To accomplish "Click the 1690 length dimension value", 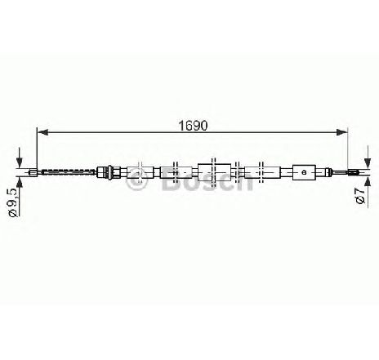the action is coord(193,126).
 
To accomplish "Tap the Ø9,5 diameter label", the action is coord(13,202).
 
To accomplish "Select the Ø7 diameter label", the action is coord(360,195).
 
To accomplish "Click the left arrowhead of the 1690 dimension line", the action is coord(42,132).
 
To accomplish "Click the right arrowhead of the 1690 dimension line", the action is coord(342,132).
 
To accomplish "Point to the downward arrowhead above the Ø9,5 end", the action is coord(20,163).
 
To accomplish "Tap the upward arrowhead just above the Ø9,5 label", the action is coord(20,182).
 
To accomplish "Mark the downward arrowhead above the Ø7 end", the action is coord(368,163).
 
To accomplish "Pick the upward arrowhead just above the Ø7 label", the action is coord(368,182).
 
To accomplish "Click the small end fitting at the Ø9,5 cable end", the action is coord(33,172).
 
